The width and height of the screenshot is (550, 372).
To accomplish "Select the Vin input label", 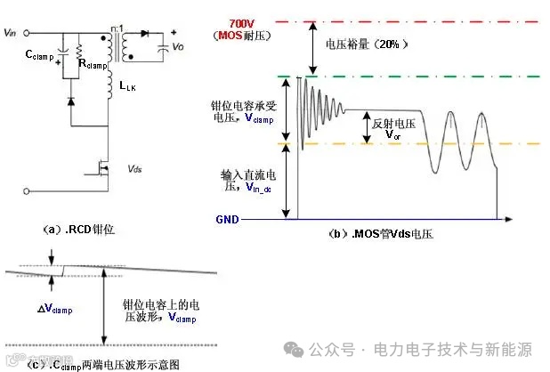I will [x=11, y=34].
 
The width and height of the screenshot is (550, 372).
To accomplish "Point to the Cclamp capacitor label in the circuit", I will [x=39, y=55].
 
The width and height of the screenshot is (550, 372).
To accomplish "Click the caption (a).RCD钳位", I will [x=78, y=229].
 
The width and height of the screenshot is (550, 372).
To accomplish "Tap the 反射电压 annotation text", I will [x=396, y=122].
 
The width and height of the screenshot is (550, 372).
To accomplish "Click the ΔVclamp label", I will [x=53, y=309].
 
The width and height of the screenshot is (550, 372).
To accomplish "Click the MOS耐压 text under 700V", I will [x=242, y=34].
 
